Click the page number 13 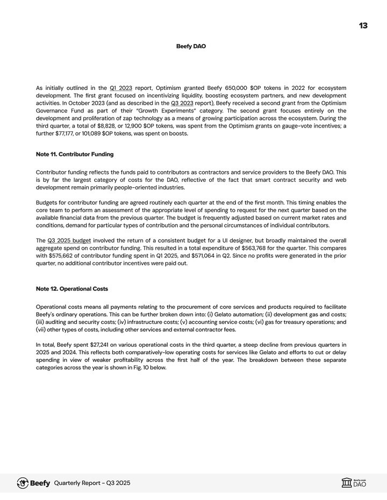[363, 26]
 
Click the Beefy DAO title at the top [191, 46]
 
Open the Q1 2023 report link [121, 88]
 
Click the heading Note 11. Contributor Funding [75, 154]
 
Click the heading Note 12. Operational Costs [71, 289]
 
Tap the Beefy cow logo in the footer [23, 483]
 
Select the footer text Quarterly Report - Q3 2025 [92, 483]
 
